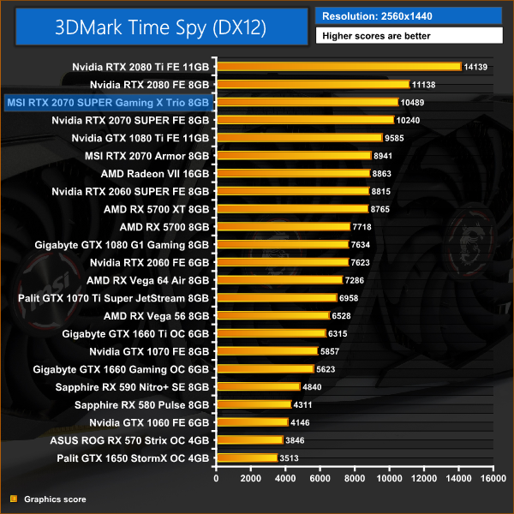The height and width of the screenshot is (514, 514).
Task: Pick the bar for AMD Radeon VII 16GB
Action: [x=293, y=173]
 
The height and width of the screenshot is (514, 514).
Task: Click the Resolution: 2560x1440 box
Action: [x=408, y=15]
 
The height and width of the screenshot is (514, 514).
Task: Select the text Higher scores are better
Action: [x=408, y=36]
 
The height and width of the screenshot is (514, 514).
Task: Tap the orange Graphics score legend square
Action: [x=13, y=499]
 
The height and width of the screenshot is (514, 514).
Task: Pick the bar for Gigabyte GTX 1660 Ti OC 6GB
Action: [x=272, y=333]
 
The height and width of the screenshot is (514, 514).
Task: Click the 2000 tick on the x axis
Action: [x=250, y=478]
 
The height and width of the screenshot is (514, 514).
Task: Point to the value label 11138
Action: [x=426, y=85]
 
